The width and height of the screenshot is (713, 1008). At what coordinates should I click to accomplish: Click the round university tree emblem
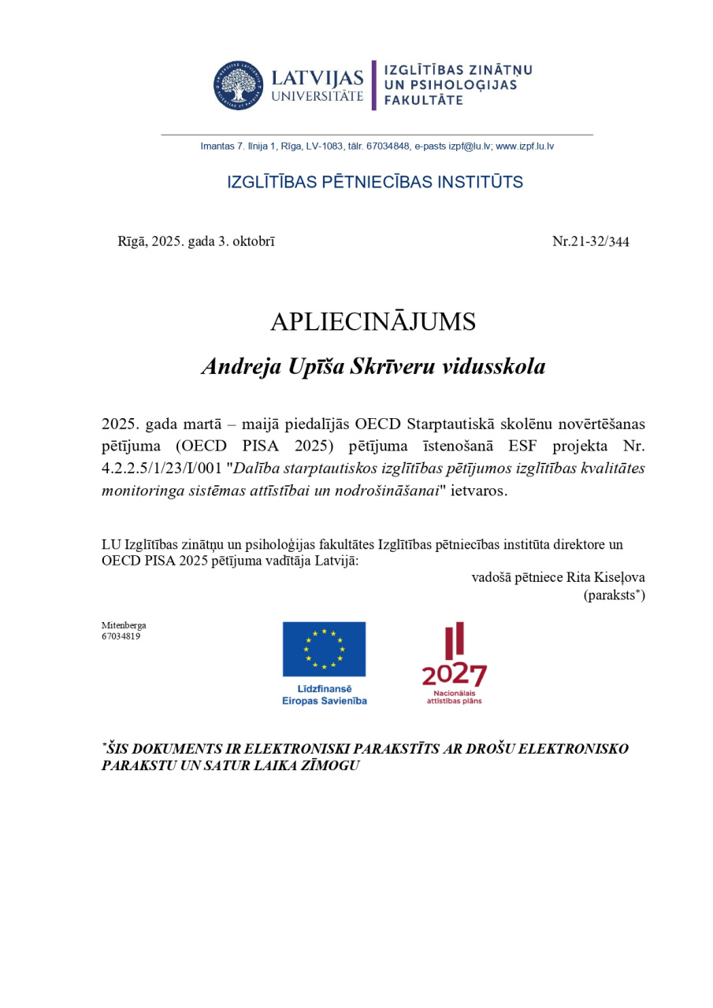point(237,85)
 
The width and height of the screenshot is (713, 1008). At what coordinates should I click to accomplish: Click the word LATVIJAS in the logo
point(318,79)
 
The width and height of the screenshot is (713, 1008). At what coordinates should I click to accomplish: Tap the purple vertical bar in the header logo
point(374,85)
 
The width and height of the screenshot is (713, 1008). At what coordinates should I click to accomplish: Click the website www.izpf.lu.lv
point(525,146)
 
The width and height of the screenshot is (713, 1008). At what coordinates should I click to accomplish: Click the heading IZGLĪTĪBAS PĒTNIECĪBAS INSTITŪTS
point(375,183)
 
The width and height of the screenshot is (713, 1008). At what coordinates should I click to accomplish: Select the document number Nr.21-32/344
point(591,242)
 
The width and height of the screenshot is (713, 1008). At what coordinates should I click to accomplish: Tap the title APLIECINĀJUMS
point(373,321)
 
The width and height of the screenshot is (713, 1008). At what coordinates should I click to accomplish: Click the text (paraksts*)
point(615,595)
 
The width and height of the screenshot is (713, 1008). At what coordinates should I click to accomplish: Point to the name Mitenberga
point(124,625)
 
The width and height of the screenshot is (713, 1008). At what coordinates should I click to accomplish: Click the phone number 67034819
point(121,636)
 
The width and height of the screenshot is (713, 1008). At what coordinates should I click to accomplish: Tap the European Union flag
point(325,649)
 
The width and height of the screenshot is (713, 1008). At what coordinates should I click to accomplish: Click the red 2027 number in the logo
point(454,674)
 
